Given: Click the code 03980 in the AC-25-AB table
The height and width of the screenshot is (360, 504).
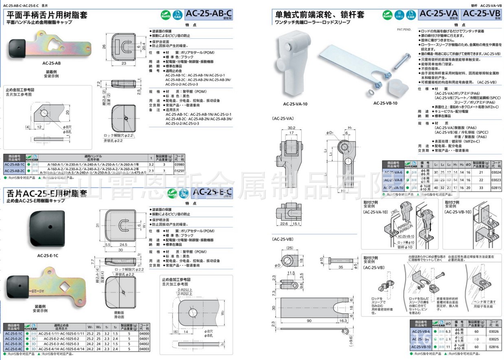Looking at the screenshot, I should click(179, 165).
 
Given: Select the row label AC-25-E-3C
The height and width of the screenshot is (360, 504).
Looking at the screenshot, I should click(13, 344).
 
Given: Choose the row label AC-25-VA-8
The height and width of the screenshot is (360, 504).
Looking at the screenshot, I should click(393, 180).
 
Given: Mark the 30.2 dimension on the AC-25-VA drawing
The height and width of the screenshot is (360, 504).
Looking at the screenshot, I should click(291, 127).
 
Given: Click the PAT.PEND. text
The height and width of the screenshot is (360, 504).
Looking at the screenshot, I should click(404, 30).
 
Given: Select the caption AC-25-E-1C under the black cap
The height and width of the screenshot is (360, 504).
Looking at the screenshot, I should click(48, 255).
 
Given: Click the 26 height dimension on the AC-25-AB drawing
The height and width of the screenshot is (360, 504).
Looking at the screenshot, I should click(104, 46).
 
